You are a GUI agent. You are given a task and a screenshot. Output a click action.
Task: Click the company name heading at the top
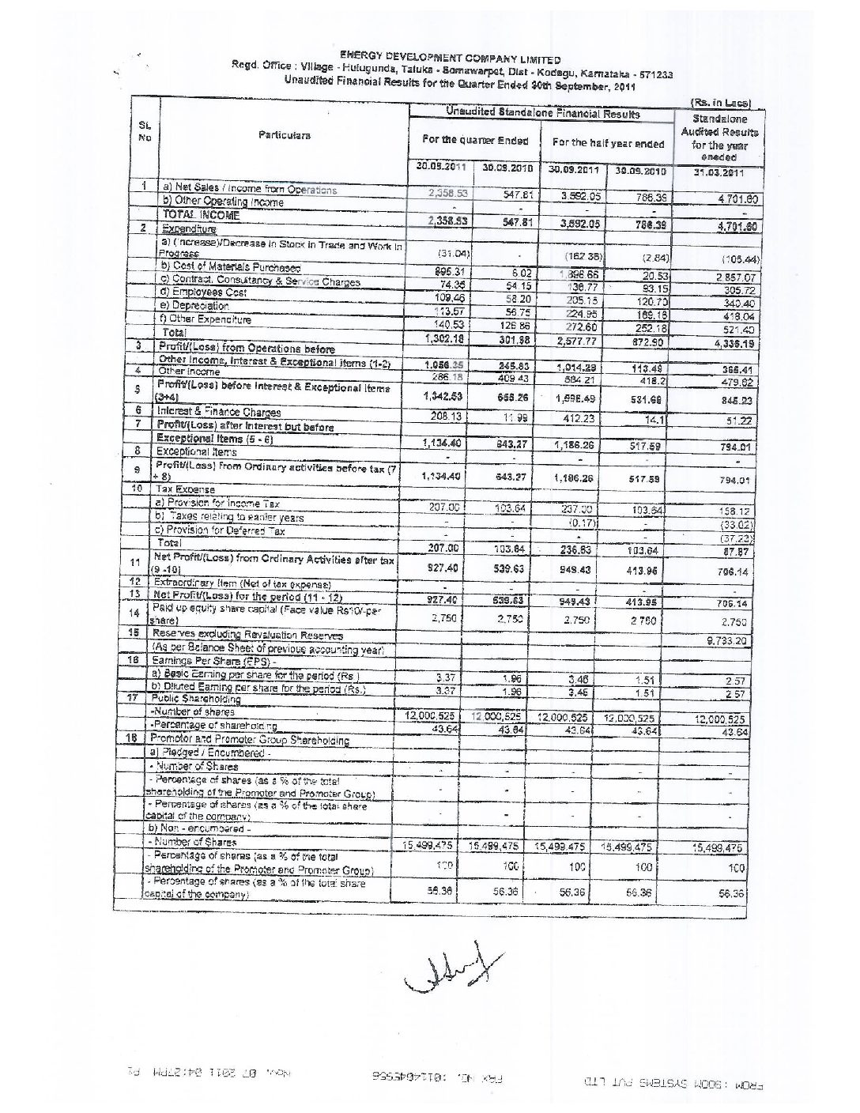(x=451, y=58)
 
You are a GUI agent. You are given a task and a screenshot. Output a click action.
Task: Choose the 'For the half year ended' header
(x=607, y=144)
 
